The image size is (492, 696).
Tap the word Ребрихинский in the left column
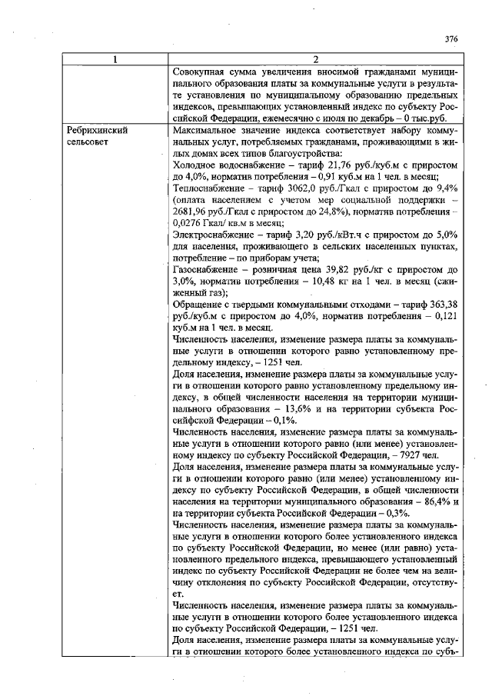(x=96, y=131)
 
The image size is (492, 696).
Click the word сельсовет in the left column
(x=88, y=142)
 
